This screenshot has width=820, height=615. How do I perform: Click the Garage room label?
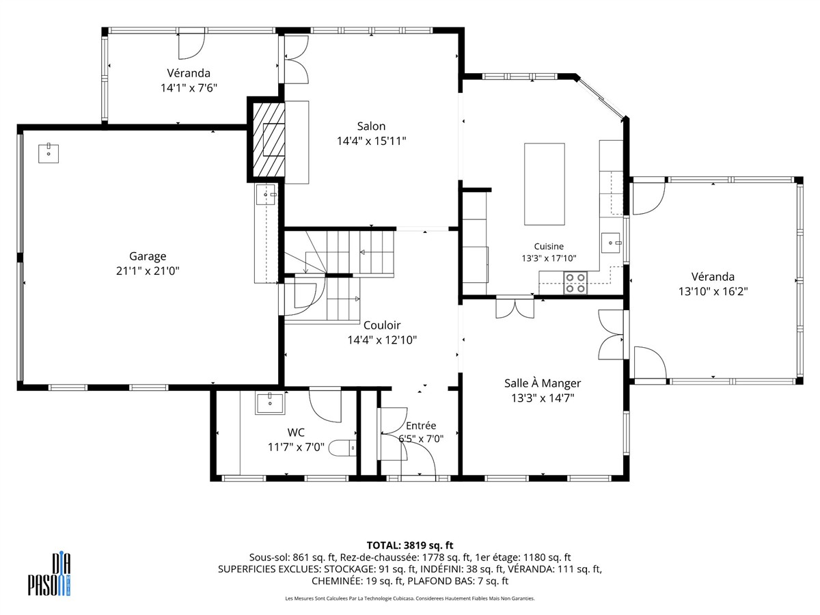pyautogui.click(x=148, y=256)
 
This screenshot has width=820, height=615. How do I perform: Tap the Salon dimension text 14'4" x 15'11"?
pyautogui.click(x=371, y=141)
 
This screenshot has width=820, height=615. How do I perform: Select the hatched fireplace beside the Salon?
pyautogui.click(x=269, y=139)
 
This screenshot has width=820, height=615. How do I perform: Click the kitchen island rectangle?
pyautogui.click(x=545, y=184)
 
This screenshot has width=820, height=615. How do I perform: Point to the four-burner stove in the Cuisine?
pyautogui.click(x=575, y=283)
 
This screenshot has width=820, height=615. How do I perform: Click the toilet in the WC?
pyautogui.click(x=342, y=448)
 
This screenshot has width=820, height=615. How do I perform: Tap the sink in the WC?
pyautogui.click(x=270, y=403)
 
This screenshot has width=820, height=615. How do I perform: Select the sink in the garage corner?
pyautogui.click(x=49, y=153)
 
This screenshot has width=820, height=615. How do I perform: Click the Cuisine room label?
pyautogui.click(x=549, y=247)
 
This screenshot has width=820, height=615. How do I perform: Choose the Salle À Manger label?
pyautogui.click(x=543, y=383)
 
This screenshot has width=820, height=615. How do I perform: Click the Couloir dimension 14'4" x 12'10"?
pyautogui.click(x=382, y=340)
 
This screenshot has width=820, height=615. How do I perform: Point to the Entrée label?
pyautogui.click(x=421, y=426)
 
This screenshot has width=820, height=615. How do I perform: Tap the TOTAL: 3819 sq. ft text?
pyautogui.click(x=410, y=545)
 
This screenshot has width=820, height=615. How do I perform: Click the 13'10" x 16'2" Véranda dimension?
pyautogui.click(x=713, y=291)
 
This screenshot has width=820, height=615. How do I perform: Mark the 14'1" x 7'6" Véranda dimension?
pyautogui.click(x=189, y=88)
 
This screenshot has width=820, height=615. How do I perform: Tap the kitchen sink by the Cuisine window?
pyautogui.click(x=611, y=243)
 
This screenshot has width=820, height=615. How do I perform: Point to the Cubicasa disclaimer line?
pyautogui.click(x=410, y=598)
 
